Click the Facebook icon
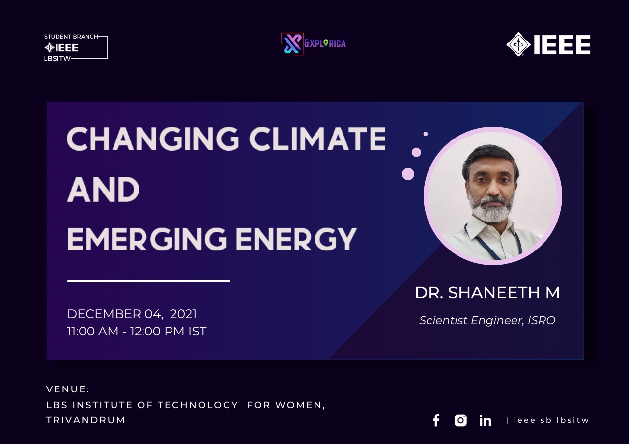point(436,420)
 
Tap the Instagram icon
point(460,420)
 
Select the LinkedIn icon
point(485,420)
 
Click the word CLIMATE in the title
point(317,139)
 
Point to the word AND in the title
point(103,189)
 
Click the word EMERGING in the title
point(147,239)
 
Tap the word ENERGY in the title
point(296,239)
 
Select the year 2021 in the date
point(183,314)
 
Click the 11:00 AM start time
point(93,331)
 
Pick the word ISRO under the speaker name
point(542,320)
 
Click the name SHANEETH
point(494,292)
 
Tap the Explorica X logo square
point(292,44)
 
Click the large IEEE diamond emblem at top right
point(518,44)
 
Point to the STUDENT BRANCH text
point(71,37)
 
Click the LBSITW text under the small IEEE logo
point(57,58)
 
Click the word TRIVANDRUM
point(86,420)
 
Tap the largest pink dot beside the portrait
point(408,174)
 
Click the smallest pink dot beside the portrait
point(426,134)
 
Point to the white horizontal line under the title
point(148,280)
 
